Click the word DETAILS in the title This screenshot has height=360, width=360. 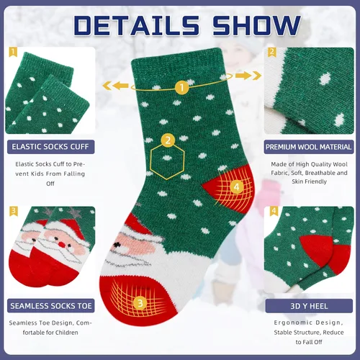(x=136, y=25)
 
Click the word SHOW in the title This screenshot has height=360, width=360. (x=256, y=25)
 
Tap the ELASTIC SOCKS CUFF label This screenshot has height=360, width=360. (x=50, y=147)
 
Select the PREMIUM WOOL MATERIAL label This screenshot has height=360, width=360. (x=309, y=147)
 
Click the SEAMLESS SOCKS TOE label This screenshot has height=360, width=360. (x=51, y=306)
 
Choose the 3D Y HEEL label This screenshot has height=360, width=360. (x=309, y=306)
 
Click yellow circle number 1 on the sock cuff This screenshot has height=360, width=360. (x=181, y=87)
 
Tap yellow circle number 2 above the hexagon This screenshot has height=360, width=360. (x=168, y=140)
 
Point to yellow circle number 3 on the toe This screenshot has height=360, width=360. (x=140, y=303)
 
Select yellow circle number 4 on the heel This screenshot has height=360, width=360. (x=236, y=186)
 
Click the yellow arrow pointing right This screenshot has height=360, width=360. (x=248, y=76)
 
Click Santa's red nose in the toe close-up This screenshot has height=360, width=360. (x=63, y=245)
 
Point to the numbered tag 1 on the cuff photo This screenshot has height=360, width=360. (x=13, y=52)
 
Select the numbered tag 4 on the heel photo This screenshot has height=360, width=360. (x=274, y=211)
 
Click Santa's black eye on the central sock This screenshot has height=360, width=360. (x=117, y=245)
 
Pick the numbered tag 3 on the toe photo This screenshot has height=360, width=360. (x=13, y=211)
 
